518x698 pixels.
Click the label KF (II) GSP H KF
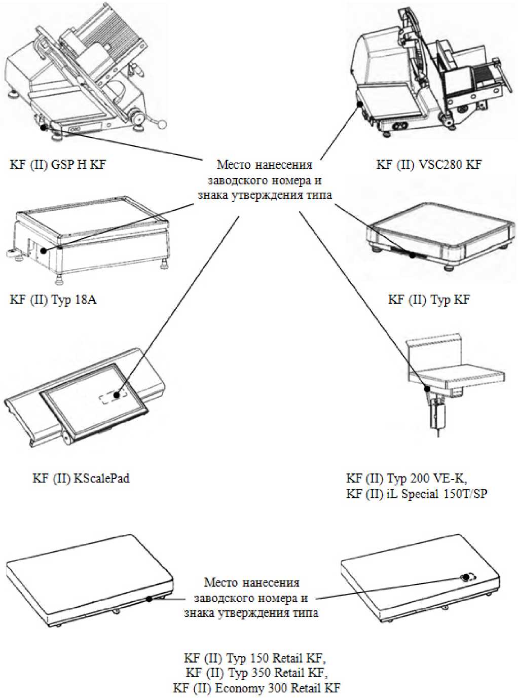pyautogui.click(x=57, y=164)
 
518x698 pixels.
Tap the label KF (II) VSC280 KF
pyautogui.click(x=429, y=164)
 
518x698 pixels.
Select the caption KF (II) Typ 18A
pyautogui.click(x=53, y=300)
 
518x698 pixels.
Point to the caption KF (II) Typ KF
pyautogui.click(x=429, y=300)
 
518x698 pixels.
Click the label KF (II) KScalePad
pyautogui.click(x=81, y=478)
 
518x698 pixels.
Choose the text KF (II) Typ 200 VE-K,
pyautogui.click(x=406, y=479)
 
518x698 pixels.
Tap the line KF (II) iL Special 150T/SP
pyautogui.click(x=417, y=494)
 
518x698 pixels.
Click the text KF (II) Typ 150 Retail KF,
pyautogui.click(x=255, y=658)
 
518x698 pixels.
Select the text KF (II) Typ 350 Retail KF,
pyautogui.click(x=256, y=673)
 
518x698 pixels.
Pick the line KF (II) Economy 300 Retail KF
pyautogui.click(x=256, y=688)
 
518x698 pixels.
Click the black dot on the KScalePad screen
pyautogui.click(x=117, y=394)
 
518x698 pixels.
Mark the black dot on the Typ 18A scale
pyautogui.click(x=45, y=250)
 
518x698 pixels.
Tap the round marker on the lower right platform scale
pyautogui.click(x=465, y=577)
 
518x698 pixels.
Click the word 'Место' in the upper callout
pyautogui.click(x=233, y=165)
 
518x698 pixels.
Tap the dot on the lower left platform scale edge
pyautogui.click(x=149, y=599)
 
